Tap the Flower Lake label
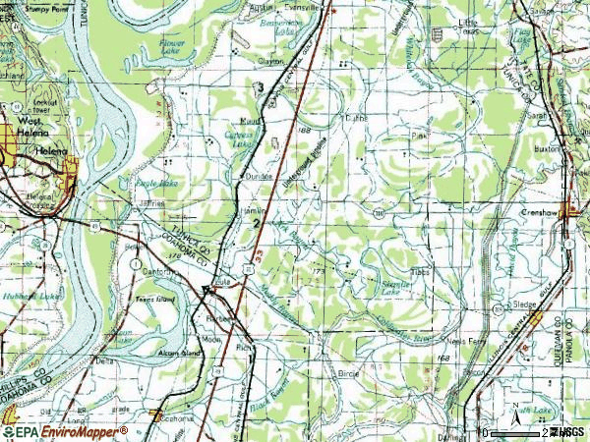point(173,46)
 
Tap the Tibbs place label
point(421,272)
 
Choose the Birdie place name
point(349,374)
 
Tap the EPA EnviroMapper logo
point(64,431)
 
